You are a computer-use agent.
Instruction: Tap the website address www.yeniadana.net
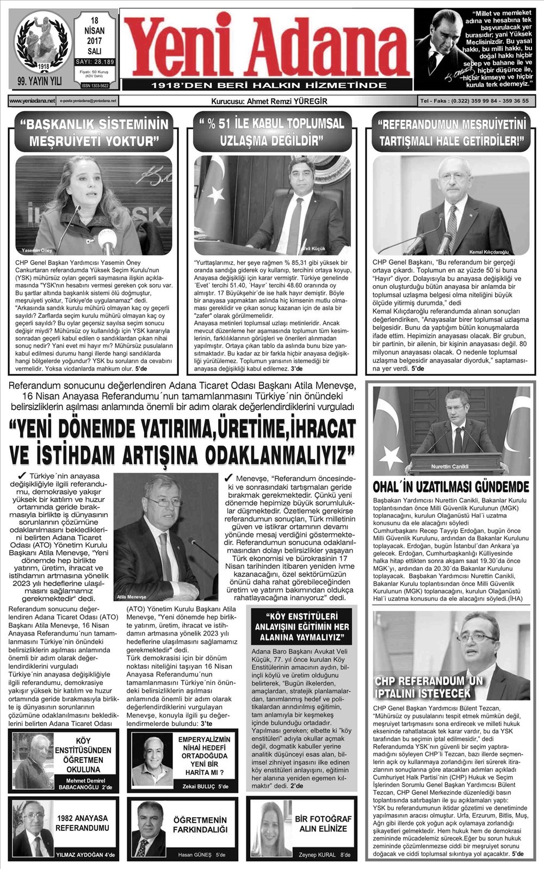(x=32, y=101)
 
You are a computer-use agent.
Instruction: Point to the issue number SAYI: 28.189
(x=95, y=62)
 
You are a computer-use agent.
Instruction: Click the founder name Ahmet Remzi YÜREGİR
(x=269, y=101)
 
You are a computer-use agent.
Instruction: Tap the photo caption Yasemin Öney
(x=37, y=250)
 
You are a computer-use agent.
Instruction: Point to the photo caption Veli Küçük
(x=314, y=248)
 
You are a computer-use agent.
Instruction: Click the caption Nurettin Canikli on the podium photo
(x=449, y=467)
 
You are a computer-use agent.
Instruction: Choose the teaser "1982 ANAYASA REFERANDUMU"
(x=82, y=823)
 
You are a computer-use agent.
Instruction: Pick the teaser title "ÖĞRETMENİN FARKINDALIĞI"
(x=200, y=824)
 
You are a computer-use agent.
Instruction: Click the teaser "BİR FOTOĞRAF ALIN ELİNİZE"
(x=323, y=823)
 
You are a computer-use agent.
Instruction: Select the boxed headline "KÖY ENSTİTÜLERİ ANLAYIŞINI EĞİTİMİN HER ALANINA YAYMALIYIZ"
(x=302, y=626)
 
